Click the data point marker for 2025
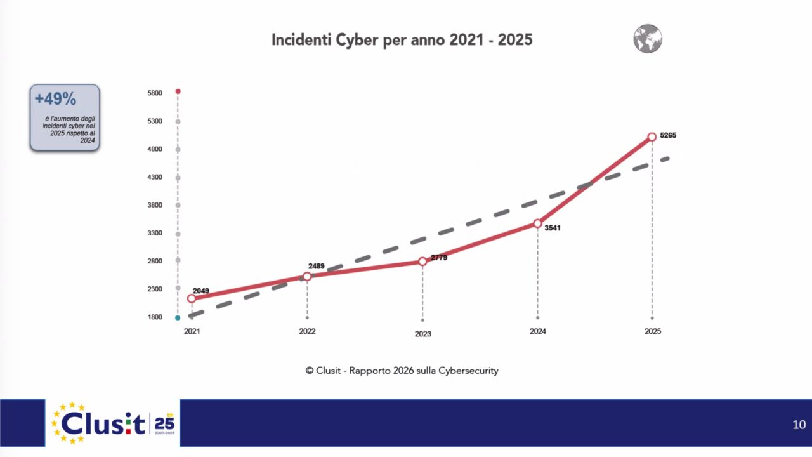pyautogui.click(x=652, y=136)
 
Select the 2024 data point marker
pyautogui.click(x=537, y=223)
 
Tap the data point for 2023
pyautogui.click(x=422, y=262)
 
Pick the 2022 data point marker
pyautogui.click(x=307, y=276)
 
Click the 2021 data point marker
pyautogui.click(x=192, y=298)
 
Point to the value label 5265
pyautogui.click(x=668, y=135)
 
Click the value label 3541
pyautogui.click(x=553, y=228)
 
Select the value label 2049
pyautogui.click(x=201, y=291)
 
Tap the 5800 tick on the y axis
pyautogui.click(x=155, y=93)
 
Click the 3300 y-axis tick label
pyautogui.click(x=155, y=233)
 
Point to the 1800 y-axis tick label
pyautogui.click(x=155, y=317)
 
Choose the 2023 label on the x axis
pyautogui.click(x=422, y=334)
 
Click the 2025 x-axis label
pyautogui.click(x=652, y=331)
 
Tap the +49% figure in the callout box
pyautogui.click(x=55, y=99)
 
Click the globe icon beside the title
pyautogui.click(x=648, y=39)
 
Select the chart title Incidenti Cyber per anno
pyautogui.click(x=402, y=40)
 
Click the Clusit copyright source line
pyautogui.click(x=402, y=371)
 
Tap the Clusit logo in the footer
pyautogui.click(x=113, y=423)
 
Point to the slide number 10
pyautogui.click(x=799, y=425)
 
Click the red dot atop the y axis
pyautogui.click(x=178, y=91)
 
